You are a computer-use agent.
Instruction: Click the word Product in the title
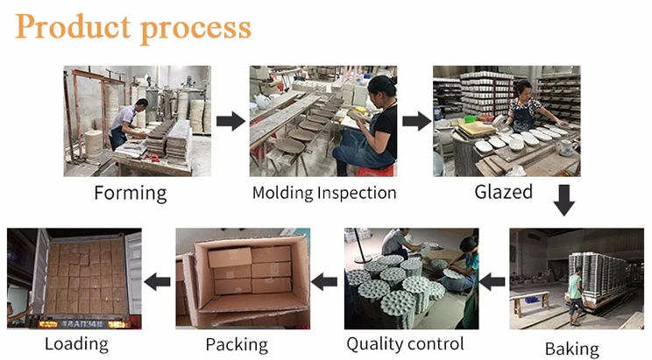coord(74,26)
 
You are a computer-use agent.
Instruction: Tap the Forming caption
coord(131,194)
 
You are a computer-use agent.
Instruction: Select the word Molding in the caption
coord(283,193)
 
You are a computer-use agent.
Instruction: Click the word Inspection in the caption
coord(357,194)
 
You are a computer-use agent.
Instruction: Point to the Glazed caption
coord(503,192)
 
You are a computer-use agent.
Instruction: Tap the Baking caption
coord(571,349)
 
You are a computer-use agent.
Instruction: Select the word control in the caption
coord(434,343)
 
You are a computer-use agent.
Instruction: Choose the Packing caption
coord(237,345)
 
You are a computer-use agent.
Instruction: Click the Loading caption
coord(76,344)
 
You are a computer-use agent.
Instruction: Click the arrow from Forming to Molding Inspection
coord(230,121)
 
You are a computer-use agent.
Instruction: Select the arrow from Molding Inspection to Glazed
coord(416,121)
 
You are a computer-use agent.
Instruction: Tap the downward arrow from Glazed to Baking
coord(563,201)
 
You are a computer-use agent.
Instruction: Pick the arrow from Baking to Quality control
coord(493,282)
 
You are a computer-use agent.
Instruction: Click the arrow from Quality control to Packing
coord(324,282)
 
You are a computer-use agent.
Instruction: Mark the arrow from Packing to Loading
coord(157,282)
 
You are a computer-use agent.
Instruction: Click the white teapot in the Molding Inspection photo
coord(262,101)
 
